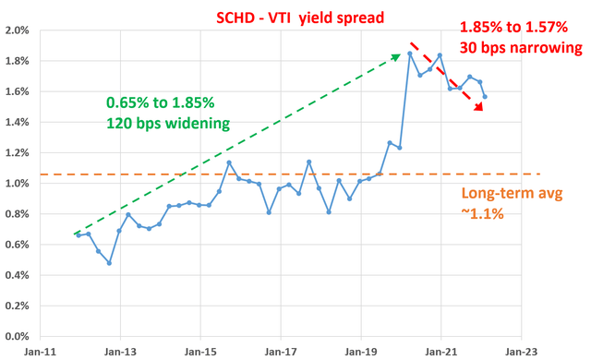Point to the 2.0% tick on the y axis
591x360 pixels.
click(x=19, y=30)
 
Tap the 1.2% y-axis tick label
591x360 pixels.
click(x=19, y=152)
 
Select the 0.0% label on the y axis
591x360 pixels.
click(x=19, y=336)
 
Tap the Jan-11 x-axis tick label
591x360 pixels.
click(x=40, y=352)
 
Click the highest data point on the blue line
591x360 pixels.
click(x=409, y=54)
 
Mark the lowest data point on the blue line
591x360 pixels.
click(x=109, y=263)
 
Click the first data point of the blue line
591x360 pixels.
click(x=78, y=235)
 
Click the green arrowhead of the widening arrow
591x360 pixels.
click(x=395, y=56)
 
